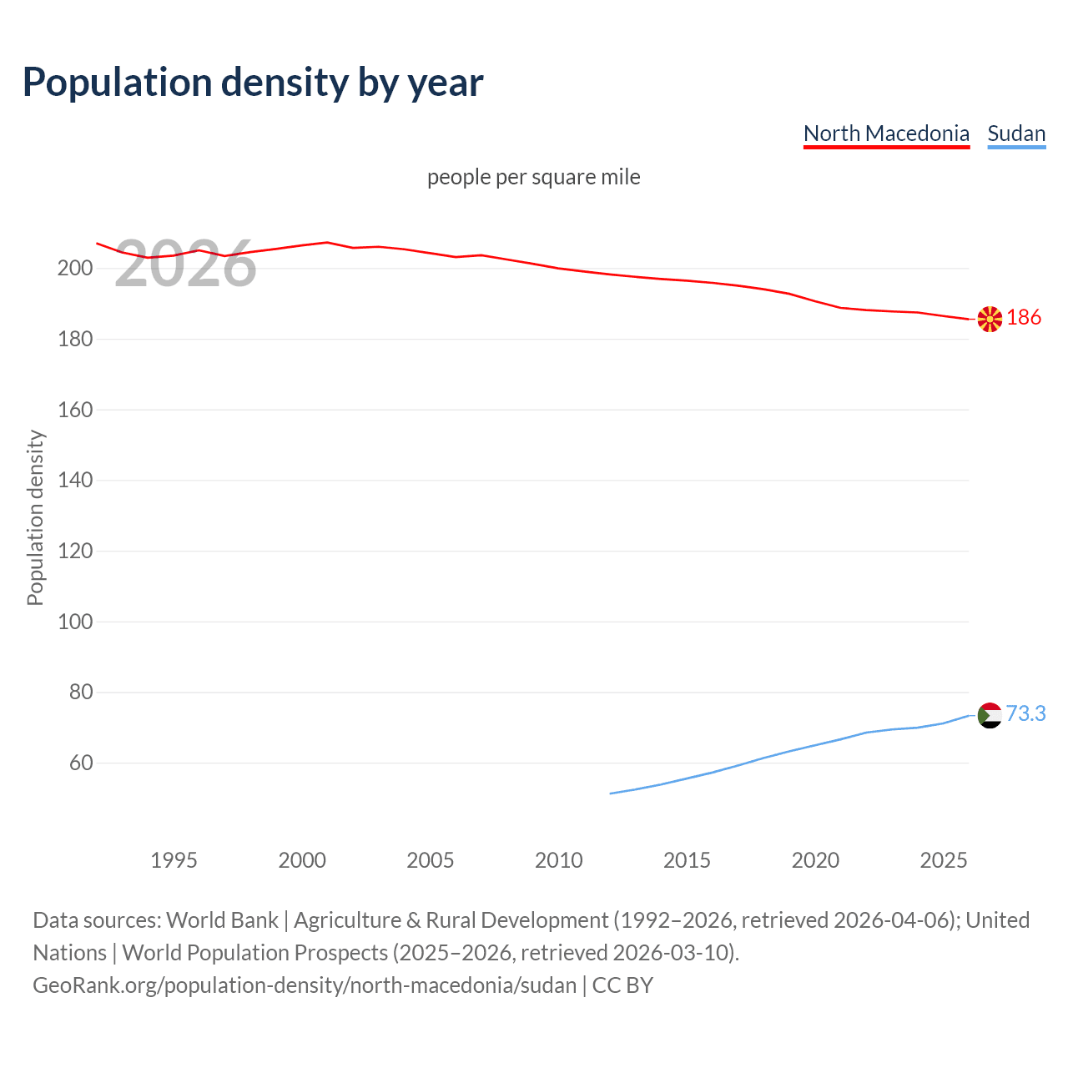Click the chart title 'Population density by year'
[x=253, y=83]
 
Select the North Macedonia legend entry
[x=886, y=133]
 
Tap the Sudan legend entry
[x=1016, y=133]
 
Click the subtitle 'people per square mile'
[x=534, y=177]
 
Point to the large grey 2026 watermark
[x=185, y=264]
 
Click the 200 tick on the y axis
[x=74, y=269]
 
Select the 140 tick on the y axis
[x=74, y=481]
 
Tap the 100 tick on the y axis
[x=74, y=622]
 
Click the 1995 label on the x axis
[x=174, y=860]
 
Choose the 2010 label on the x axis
[x=558, y=860]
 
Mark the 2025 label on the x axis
[x=943, y=860]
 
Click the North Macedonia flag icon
[x=990, y=319]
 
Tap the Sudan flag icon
[x=990, y=715]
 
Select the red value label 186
[x=1024, y=317]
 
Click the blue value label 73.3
[x=1025, y=713]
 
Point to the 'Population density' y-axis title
[x=35, y=517]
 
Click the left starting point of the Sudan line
[x=611, y=793]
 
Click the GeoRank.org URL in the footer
[x=305, y=985]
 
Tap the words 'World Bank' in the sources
[x=222, y=920]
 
